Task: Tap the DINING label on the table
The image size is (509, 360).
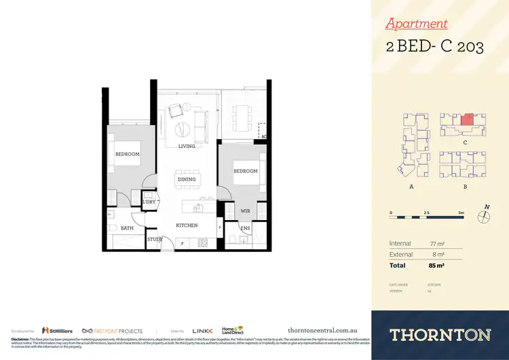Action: pos(187,179)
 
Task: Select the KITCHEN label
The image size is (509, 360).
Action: pos(187,225)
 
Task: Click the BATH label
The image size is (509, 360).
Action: pos(127,228)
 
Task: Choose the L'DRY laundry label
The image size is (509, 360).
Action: pos(149,202)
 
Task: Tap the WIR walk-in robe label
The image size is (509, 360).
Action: pos(245,211)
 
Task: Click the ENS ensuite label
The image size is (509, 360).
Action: pos(245,228)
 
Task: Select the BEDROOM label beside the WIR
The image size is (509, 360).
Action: pos(246,171)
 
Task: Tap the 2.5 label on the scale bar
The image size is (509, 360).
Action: pos(425,213)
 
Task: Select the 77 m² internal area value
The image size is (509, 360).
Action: pos(437,243)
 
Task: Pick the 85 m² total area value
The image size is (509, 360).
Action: pos(437,265)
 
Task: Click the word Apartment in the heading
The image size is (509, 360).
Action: pos(417,24)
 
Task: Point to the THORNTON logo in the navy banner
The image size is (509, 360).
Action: pos(440,334)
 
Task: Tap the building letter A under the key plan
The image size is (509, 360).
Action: pos(411,185)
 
